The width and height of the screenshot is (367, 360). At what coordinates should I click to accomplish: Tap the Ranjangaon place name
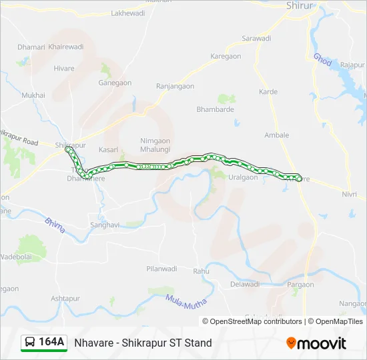pyautogui.click(x=175, y=86)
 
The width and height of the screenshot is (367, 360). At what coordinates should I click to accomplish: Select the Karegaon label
pyautogui.click(x=226, y=57)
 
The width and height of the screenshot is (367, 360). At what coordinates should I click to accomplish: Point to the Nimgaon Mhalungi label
pyautogui.click(x=155, y=145)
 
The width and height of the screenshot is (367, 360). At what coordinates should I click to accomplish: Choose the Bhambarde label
pyautogui.click(x=215, y=109)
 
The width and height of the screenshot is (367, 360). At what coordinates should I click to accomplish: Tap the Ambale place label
pyautogui.click(x=277, y=135)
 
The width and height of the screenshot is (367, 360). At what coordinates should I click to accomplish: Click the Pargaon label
pyautogui.click(x=300, y=285)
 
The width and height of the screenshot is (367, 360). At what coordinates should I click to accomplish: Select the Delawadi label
pyautogui.click(x=244, y=284)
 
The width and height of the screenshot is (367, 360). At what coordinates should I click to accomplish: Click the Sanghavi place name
pyautogui.click(x=105, y=225)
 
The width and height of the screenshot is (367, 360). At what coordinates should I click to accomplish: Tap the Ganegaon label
pyautogui.click(x=115, y=83)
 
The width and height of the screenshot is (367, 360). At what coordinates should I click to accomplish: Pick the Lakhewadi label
pyautogui.click(x=127, y=13)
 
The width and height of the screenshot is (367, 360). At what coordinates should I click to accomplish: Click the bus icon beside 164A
pyautogui.click(x=30, y=343)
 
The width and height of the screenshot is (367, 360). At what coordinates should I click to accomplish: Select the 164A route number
pyautogui.click(x=51, y=343)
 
